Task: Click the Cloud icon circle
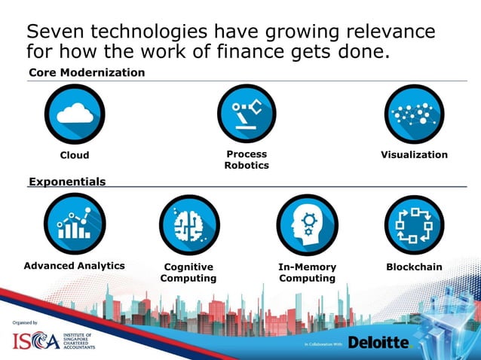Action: click(x=74, y=114)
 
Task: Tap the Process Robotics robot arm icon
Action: click(x=247, y=114)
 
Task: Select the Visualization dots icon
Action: click(x=414, y=114)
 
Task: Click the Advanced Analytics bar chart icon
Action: click(x=74, y=224)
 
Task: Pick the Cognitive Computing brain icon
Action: click(x=188, y=224)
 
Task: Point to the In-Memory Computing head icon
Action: click(x=307, y=224)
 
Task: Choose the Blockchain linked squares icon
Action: click(x=414, y=224)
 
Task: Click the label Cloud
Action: click(x=75, y=155)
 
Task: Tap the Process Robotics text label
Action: click(x=247, y=160)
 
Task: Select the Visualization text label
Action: click(x=414, y=154)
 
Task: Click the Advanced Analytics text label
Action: click(x=75, y=266)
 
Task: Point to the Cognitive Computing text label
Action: click(x=188, y=273)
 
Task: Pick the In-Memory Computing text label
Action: click(x=307, y=273)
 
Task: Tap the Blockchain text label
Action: click(x=414, y=267)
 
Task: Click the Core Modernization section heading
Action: click(x=87, y=72)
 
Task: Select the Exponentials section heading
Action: click(x=67, y=182)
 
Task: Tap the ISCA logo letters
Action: click(x=35, y=341)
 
